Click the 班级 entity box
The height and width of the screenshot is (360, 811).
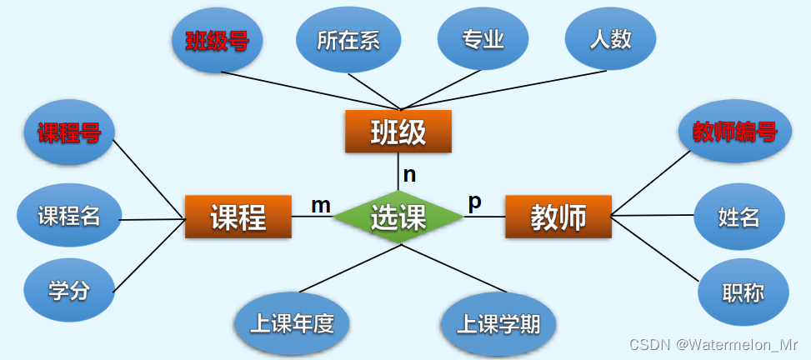pos(398,132)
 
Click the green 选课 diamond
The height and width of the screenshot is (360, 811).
pos(398,217)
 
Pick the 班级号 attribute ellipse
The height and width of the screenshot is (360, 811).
pos(217,40)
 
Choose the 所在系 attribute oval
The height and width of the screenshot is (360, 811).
pos(348,40)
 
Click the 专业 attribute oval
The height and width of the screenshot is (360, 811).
pos(483,39)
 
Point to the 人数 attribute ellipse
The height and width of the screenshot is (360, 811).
pos(610,39)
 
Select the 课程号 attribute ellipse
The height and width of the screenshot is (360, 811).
pos(69,132)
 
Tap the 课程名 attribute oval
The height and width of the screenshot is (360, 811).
pos(69,216)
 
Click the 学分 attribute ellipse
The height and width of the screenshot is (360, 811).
pos(69,290)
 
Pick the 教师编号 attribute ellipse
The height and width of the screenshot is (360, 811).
pos(735,131)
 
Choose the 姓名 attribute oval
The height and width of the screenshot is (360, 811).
pos(738,217)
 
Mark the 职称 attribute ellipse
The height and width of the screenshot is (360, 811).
pos(743,292)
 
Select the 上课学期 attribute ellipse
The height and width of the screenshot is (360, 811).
pos(498,323)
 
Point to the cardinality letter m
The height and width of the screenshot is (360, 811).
pos(321,204)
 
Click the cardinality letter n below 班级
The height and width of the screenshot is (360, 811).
pos(409,175)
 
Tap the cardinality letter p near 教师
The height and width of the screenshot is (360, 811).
pos(474,202)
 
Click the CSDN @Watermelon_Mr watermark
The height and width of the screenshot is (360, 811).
pos(713,344)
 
